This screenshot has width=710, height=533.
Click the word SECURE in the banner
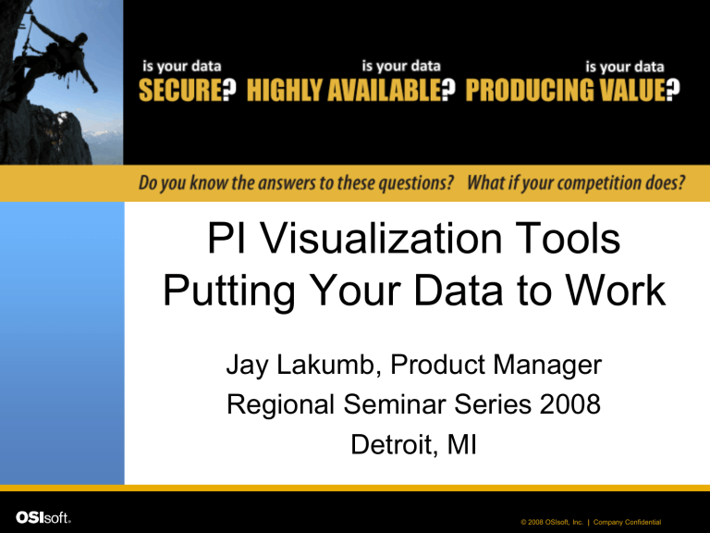click(180, 90)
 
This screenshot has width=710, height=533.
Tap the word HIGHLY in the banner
click(285, 90)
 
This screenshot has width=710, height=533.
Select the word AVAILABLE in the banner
click(384, 90)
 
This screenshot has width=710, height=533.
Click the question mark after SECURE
click(229, 90)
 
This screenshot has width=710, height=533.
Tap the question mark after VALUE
click(672, 90)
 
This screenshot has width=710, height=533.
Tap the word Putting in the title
click(228, 291)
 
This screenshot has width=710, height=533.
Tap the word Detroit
click(395, 444)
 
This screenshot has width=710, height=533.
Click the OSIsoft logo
click(43, 517)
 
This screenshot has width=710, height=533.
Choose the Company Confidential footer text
click(627, 522)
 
